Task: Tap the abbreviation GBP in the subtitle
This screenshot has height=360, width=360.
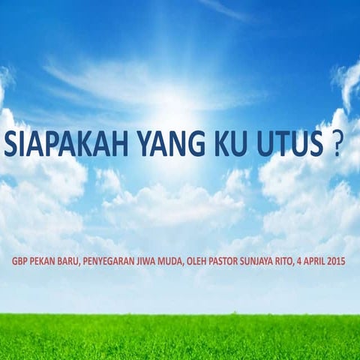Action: (24, 263)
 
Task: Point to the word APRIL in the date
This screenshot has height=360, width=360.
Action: (334, 263)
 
